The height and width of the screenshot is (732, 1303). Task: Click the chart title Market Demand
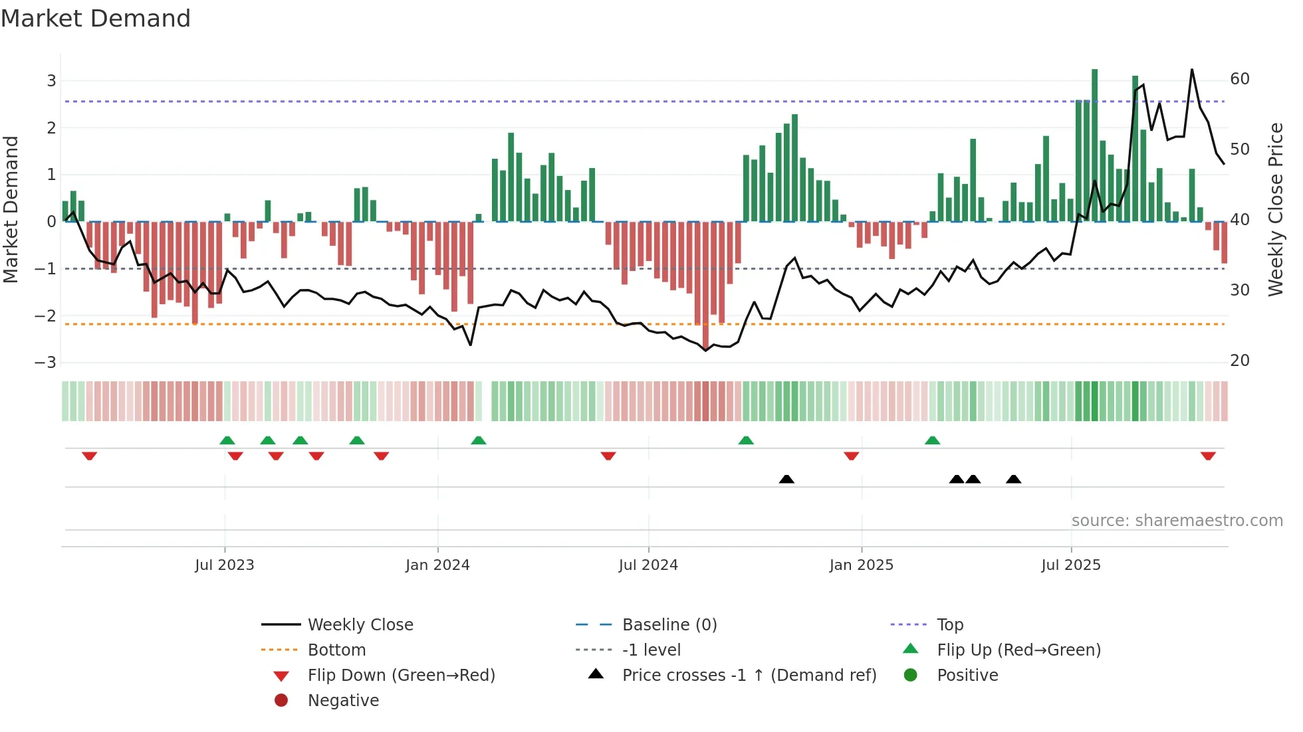(96, 19)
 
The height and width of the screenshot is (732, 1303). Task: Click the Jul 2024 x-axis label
(648, 565)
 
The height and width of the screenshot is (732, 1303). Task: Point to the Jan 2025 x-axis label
(861, 565)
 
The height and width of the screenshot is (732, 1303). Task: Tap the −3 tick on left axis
(46, 363)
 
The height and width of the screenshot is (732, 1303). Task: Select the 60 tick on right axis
(1240, 79)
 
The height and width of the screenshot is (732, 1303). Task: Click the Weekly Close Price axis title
(1275, 209)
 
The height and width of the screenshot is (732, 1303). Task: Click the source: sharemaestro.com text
(1177, 521)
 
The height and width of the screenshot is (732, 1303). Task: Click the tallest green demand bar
(1094, 145)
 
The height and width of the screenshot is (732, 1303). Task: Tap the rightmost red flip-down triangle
(1208, 456)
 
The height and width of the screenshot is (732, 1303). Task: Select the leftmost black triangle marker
(786, 479)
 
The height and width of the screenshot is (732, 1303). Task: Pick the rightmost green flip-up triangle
(932, 440)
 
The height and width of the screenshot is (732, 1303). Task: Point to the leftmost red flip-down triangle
(90, 456)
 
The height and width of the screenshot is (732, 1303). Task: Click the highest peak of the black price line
(1191, 70)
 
